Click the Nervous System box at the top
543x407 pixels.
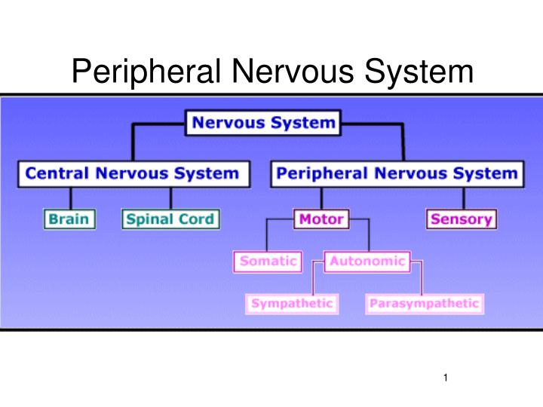pos(262,123)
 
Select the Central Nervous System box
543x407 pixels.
pos(133,174)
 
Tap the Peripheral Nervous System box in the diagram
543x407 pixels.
pos(397,174)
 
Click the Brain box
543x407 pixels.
pos(69,219)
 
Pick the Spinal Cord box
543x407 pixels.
pos(170,219)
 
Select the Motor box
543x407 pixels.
pos(321,219)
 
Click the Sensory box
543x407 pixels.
pos(462,219)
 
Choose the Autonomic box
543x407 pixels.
pos(367,262)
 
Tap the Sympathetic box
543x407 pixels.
pos(291,304)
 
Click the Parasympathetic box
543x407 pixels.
pos(423,304)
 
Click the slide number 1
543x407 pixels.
pos(446,377)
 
